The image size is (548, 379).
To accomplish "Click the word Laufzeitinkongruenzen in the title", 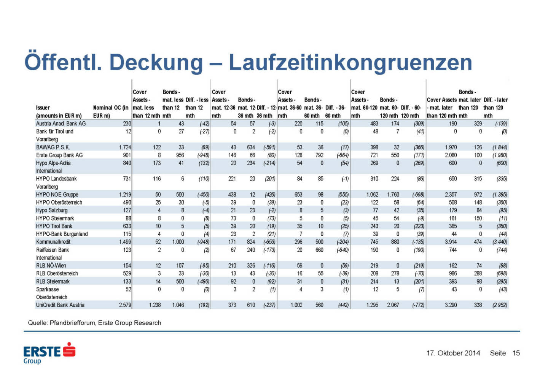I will (x=350, y=62).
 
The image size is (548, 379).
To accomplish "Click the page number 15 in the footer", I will (x=516, y=353).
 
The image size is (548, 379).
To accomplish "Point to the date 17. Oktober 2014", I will (x=453, y=353).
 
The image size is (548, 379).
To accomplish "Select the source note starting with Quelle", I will (x=94, y=323).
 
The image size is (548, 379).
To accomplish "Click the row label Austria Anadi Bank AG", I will (x=61, y=124).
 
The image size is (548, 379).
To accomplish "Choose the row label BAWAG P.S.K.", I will (x=53, y=147).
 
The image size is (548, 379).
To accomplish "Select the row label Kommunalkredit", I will (x=53, y=242).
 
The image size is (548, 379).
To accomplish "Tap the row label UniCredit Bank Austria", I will (x=60, y=305).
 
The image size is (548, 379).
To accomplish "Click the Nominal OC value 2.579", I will (x=125, y=305).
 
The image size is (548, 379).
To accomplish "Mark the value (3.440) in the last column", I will (x=499, y=242).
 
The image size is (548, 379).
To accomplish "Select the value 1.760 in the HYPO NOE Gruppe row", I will (x=393, y=195).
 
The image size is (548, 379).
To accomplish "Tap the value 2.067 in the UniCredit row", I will (x=393, y=305).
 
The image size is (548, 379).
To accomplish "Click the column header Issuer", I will (x=43, y=108).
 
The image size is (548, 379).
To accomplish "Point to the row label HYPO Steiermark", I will (x=55, y=218).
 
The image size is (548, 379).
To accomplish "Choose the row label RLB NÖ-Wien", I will (x=51, y=265).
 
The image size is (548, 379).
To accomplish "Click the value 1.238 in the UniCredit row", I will (x=155, y=305).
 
